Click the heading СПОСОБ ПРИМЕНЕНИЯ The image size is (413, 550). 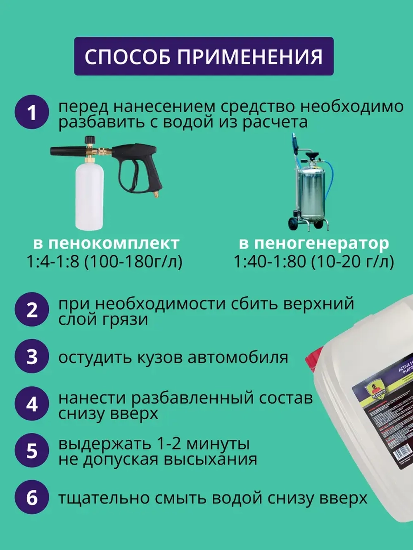tap(204, 57)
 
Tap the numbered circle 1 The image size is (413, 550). tap(32, 112)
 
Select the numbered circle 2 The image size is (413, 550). tap(32, 309)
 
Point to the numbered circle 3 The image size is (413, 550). tap(32, 356)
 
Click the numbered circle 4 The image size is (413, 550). tap(32, 404)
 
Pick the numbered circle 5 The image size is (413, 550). tap(32, 451)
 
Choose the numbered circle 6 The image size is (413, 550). tap(32, 498)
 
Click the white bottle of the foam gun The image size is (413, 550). tap(89, 196)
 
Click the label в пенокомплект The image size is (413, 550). tap(106, 243)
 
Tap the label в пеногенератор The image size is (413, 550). tap(314, 243)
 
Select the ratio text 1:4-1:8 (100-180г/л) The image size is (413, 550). tap(104, 262)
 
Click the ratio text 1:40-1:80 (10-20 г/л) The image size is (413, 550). tap(314, 262)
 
